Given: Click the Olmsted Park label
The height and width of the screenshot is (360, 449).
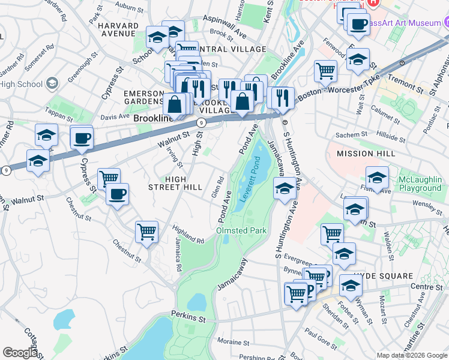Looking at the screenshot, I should coord(241,230).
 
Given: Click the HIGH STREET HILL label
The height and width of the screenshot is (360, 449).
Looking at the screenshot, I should coord(175,183).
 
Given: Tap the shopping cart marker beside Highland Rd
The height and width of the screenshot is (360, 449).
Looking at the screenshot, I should coord(146,231).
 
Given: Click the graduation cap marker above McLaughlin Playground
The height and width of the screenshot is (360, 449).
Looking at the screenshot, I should coord(377,177).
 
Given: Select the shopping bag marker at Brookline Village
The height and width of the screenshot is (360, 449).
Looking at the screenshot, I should coord(243,100).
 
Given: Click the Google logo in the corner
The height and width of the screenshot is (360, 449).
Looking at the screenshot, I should coord(20,353).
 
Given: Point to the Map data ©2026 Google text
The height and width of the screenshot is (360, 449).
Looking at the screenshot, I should coord(412,355).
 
